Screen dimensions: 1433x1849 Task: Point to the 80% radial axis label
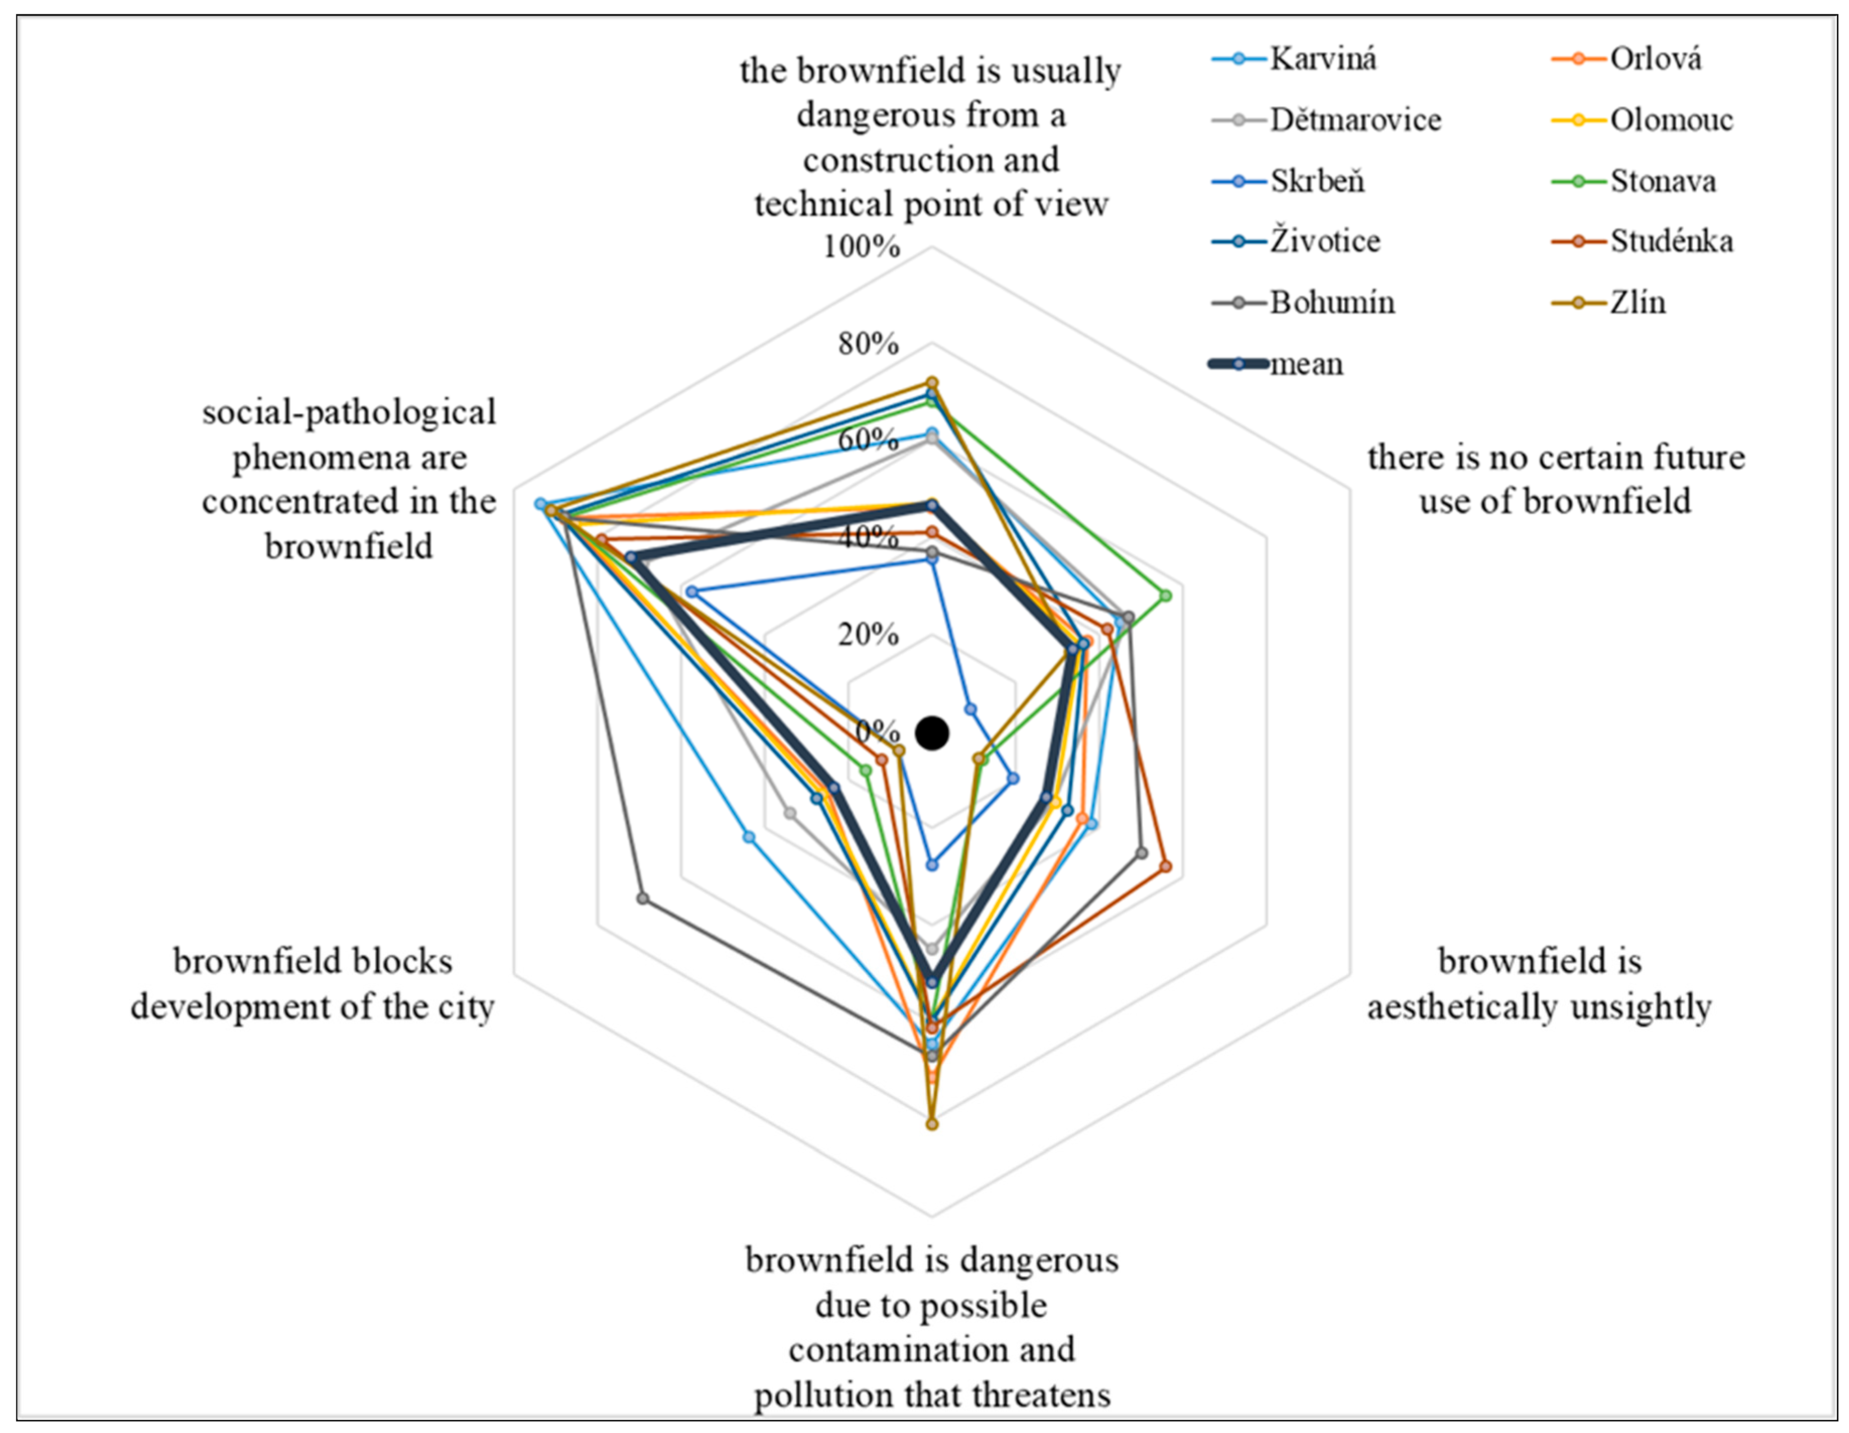point(868,344)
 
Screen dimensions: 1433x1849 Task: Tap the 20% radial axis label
point(868,634)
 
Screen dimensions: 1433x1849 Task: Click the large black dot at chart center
point(932,733)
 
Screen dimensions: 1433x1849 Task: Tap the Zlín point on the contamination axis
point(932,1124)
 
